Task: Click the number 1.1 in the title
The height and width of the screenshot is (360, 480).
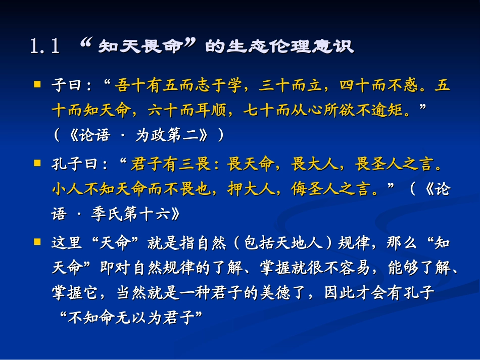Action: (45, 47)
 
